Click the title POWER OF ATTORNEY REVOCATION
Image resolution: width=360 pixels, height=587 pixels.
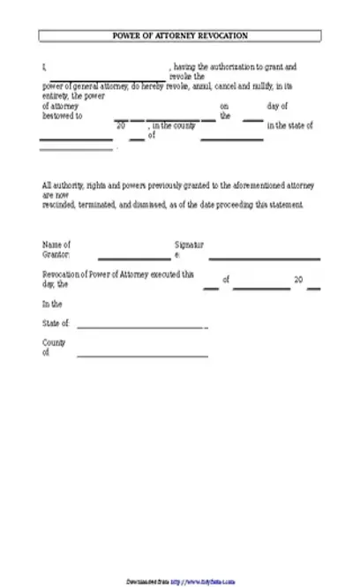click(x=180, y=35)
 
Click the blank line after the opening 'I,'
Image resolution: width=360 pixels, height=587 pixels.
click(x=105, y=70)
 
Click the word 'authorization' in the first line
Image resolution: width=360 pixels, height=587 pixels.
click(x=230, y=66)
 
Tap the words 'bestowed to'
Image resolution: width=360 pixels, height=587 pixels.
click(x=63, y=116)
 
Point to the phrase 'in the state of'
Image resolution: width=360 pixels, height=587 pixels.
click(x=289, y=126)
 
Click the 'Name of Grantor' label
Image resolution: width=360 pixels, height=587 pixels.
click(x=56, y=249)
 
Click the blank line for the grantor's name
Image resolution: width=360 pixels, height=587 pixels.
click(x=133, y=259)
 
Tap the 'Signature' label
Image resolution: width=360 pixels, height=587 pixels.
click(x=189, y=249)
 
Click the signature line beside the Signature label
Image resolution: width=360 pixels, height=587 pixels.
click(x=264, y=259)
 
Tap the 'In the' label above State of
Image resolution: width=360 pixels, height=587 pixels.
click(x=52, y=304)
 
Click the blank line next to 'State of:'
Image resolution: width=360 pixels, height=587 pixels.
click(x=141, y=327)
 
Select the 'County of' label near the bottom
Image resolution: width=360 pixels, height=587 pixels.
click(x=53, y=347)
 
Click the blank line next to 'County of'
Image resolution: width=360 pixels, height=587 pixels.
click(x=142, y=357)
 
